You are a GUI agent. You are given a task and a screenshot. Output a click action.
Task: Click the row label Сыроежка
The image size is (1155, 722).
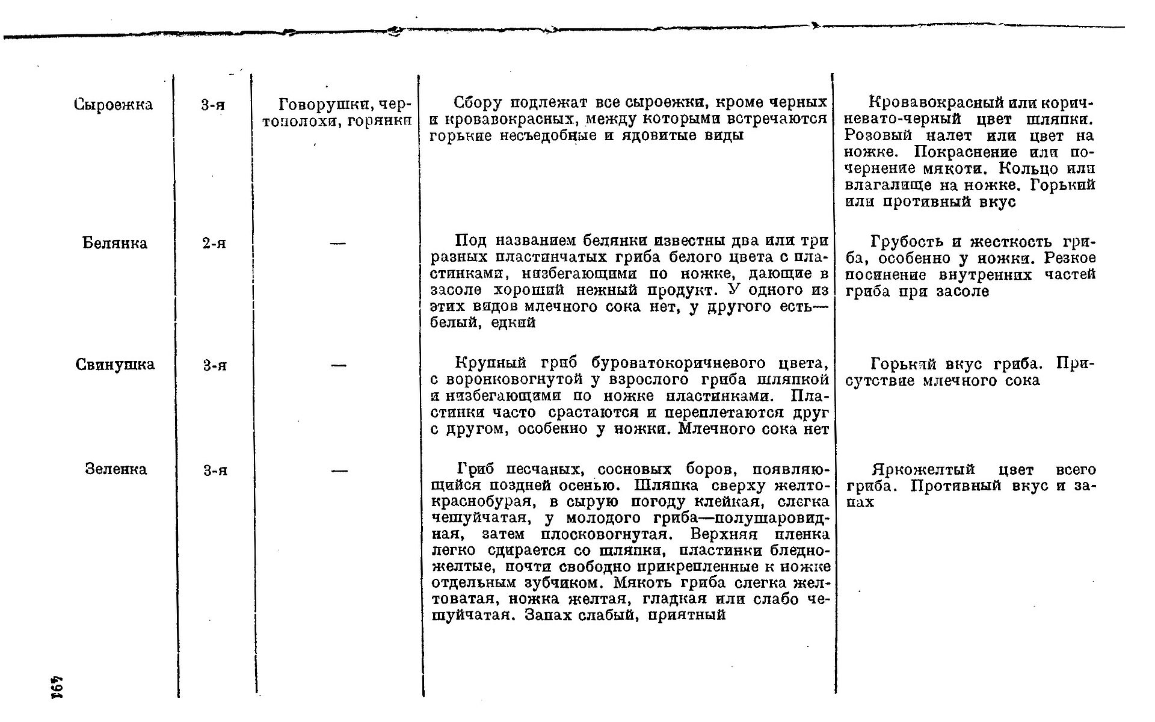click(x=113, y=105)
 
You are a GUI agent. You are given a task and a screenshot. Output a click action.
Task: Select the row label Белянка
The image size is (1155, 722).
click(x=114, y=243)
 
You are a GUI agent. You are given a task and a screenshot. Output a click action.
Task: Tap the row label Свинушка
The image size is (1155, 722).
click(x=115, y=365)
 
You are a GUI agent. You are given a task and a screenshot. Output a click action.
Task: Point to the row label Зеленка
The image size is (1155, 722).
click(x=115, y=469)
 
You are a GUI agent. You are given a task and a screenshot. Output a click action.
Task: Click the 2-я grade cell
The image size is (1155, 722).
click(x=214, y=244)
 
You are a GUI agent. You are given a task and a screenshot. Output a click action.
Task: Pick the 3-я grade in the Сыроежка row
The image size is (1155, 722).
click(x=214, y=105)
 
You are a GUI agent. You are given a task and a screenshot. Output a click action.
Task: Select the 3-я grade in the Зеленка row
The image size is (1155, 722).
click(x=215, y=470)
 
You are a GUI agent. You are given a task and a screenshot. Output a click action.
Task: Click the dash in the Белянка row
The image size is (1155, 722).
click(x=338, y=244)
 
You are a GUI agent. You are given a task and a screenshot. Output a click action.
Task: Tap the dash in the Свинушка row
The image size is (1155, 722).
click(x=339, y=365)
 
